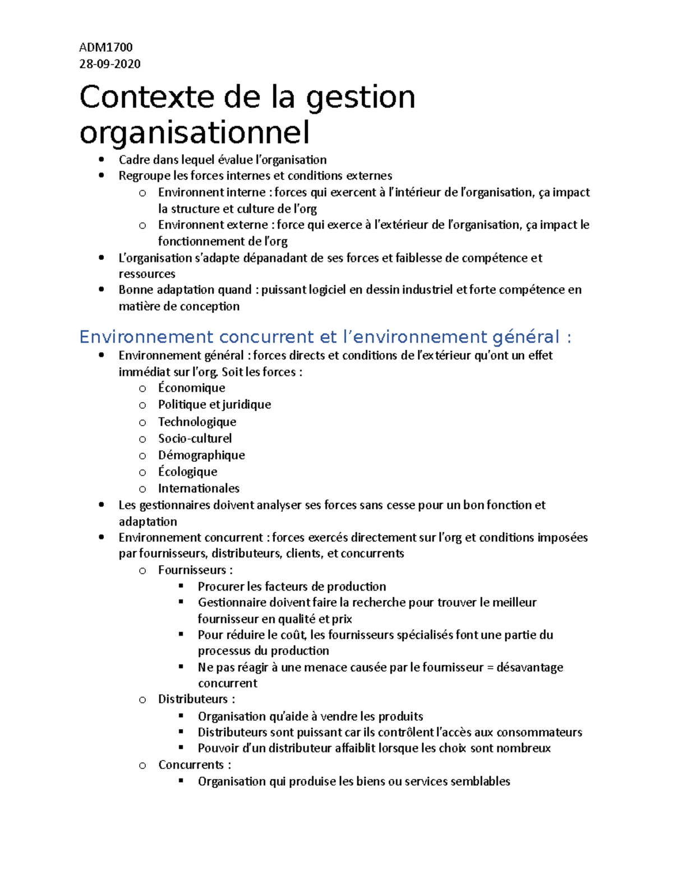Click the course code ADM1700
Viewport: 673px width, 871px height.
coord(106,47)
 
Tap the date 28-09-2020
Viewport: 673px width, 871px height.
coord(110,64)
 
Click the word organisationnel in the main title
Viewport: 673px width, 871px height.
coord(195,133)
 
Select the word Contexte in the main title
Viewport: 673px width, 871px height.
coord(146,97)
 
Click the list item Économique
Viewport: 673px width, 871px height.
coord(191,388)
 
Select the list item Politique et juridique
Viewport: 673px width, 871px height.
coord(214,405)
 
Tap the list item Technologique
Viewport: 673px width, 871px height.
coord(197,422)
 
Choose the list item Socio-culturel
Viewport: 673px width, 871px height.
coord(195,439)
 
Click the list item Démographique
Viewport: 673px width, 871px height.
coord(201,455)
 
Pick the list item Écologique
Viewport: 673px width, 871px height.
coord(187,472)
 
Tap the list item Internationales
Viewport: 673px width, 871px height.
coord(199,489)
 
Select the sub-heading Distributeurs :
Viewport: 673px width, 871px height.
coord(196,699)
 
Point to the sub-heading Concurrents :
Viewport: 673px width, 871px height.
coord(195,765)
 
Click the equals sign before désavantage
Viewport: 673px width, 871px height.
coord(490,667)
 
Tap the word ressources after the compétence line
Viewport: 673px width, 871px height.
coord(147,274)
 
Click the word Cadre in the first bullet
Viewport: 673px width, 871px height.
coord(134,160)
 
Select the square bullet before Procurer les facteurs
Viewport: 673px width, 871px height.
coord(181,586)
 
